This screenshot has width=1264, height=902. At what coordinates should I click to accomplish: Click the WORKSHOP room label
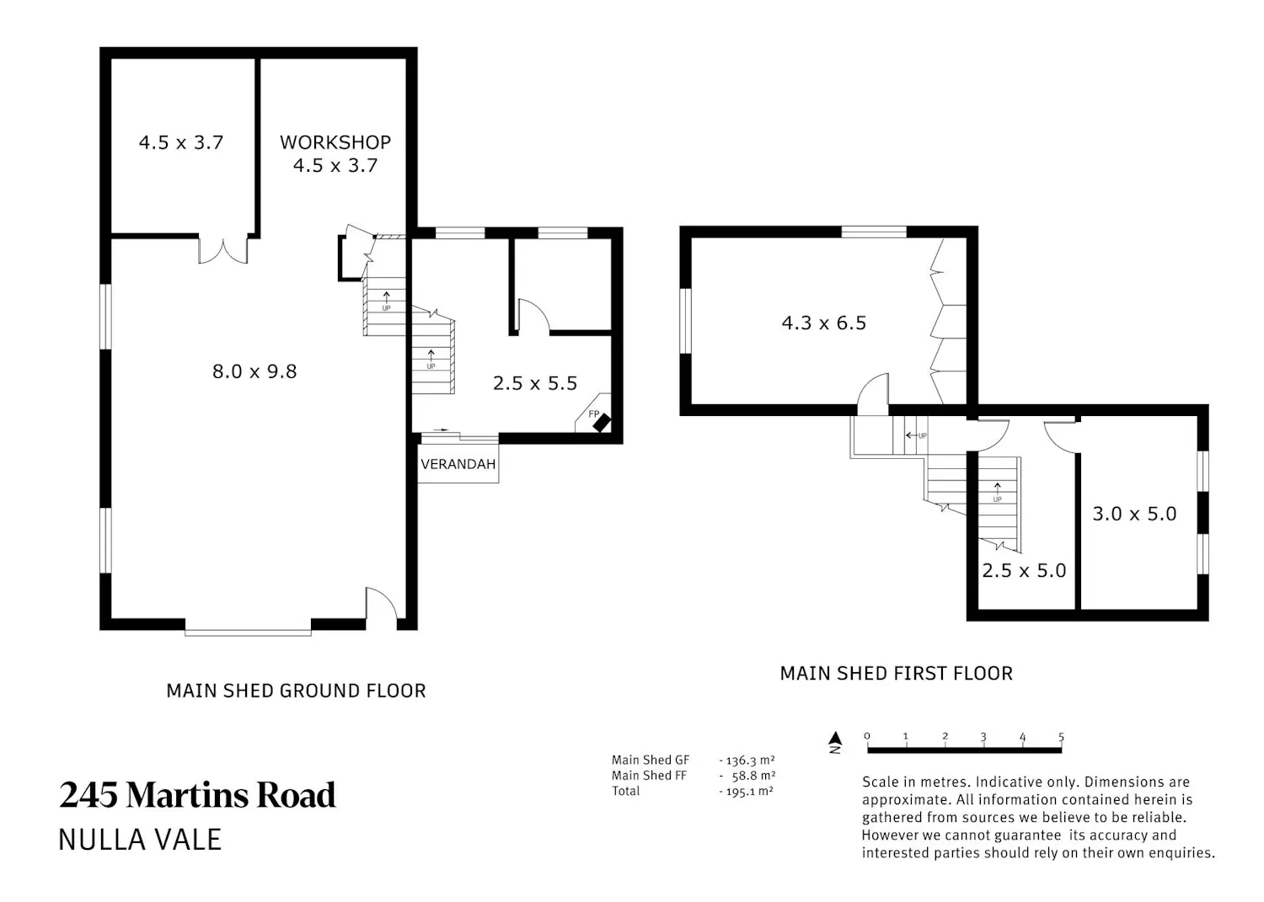pos(335,142)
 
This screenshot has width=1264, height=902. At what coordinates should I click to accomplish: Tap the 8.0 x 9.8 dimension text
pos(254,371)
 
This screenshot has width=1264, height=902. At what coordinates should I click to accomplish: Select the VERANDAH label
pos(458,464)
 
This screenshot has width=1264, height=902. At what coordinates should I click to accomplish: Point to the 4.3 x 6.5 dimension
pos(824,323)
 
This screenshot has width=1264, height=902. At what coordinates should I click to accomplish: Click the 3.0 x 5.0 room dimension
pos(1135,514)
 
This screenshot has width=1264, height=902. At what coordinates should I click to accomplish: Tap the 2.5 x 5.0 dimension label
pos(1024,570)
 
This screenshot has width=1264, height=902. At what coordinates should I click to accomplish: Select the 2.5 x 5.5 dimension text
pos(535,383)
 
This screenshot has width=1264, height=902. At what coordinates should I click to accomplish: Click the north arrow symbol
pos(835,742)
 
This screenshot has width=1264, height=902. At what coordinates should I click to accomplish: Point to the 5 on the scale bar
pos(1061,737)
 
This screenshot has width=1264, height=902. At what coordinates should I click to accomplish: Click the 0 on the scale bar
pos(867,736)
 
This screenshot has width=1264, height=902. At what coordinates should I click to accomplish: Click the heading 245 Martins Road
pos(197,795)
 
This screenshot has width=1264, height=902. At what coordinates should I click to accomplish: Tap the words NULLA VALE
pos(140,840)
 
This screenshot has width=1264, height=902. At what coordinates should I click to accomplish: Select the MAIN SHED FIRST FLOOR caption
pos(896,674)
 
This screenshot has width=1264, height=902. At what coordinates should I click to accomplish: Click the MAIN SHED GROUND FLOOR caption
pos(296,691)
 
